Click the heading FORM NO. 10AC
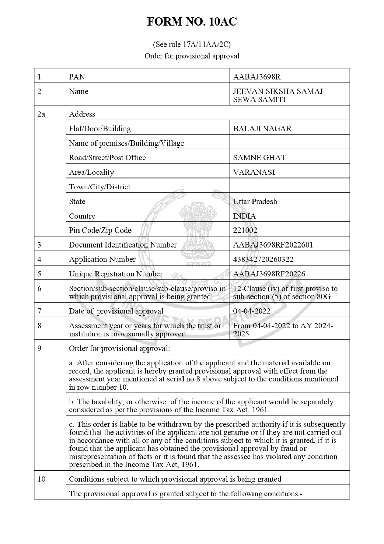(192, 22)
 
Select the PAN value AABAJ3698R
(257, 77)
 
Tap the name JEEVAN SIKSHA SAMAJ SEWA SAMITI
(278, 96)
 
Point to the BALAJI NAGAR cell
(262, 129)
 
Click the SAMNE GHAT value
(259, 158)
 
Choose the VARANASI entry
(254, 172)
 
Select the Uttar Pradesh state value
(255, 201)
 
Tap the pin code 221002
(245, 231)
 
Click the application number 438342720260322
(263, 259)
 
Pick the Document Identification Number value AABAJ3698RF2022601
(273, 245)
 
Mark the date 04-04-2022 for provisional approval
(252, 311)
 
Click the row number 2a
(41, 114)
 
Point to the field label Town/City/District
(100, 187)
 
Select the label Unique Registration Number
(116, 274)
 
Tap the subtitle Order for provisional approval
(192, 56)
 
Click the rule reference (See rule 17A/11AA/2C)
(192, 44)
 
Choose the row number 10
(41, 479)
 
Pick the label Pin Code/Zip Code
(100, 231)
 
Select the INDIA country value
(244, 216)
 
